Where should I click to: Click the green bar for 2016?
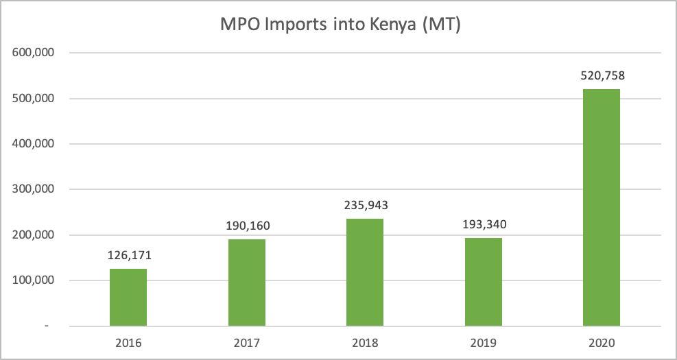[128, 297]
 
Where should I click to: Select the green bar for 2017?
[246, 283]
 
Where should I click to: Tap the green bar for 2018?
[365, 272]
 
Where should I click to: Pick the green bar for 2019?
[483, 282]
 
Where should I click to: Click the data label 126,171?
[128, 256]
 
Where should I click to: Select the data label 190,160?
[246, 227]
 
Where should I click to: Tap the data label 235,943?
[365, 206]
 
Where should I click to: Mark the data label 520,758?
[602, 76]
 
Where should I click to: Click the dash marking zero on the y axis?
[47, 326]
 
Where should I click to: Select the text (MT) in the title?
[439, 25]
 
